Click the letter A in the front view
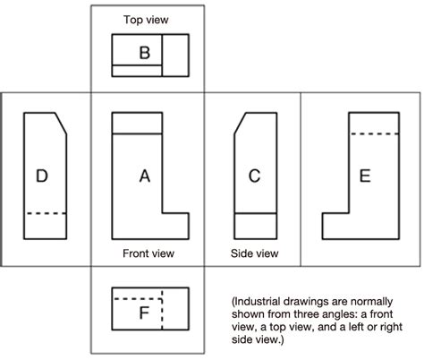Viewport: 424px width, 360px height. [x=145, y=176]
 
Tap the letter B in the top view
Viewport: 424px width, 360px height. [x=145, y=53]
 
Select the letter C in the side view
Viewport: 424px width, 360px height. [x=254, y=176]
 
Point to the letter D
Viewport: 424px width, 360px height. [x=41, y=176]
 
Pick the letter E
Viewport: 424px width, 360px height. [x=364, y=176]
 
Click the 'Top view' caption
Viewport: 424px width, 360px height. [x=146, y=18]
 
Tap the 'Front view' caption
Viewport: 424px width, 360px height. [x=147, y=253]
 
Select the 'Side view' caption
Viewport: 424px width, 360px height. [x=254, y=253]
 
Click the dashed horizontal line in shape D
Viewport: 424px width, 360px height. [x=46, y=213]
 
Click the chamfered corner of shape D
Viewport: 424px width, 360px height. [x=61, y=123]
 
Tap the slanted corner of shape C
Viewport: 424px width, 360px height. [x=239, y=123]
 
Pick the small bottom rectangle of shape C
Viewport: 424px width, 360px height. [x=254, y=226]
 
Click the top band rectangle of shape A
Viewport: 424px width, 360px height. [x=136, y=123]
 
